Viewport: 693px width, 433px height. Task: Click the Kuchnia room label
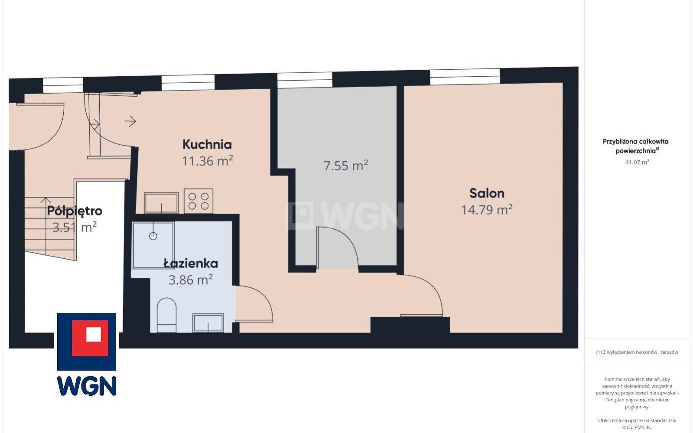pos(207,144)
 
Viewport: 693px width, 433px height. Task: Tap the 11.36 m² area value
pos(207,161)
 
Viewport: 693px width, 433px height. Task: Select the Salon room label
pos(487,193)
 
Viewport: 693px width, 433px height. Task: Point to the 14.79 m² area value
pos(487,209)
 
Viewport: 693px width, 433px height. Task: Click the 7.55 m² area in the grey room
pos(345,165)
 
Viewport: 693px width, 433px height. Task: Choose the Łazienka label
pos(191,264)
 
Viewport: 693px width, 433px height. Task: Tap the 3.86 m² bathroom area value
pos(191,280)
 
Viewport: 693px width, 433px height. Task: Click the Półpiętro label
pos(75,211)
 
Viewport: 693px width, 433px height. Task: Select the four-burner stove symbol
pos(198,201)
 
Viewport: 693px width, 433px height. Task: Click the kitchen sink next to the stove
pos(161,203)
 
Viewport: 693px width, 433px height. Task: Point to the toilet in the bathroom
pos(166,315)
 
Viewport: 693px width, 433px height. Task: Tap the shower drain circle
pos(153,236)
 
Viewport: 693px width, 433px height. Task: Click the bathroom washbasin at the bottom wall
pos(208,323)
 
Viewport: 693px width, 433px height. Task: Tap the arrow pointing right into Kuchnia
pos(130,121)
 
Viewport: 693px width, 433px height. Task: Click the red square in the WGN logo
pos(90,338)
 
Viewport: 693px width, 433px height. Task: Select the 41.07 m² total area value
pos(637,162)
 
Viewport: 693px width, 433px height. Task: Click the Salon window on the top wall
pos(465,76)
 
